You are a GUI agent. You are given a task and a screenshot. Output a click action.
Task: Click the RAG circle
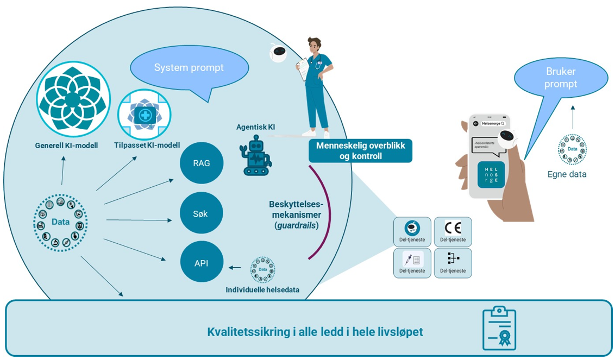(x=202, y=163)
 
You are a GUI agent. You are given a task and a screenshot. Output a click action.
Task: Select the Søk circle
(x=202, y=213)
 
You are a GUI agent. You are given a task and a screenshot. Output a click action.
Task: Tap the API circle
(x=202, y=263)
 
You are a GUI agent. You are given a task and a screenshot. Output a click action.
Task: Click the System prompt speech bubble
(x=189, y=68)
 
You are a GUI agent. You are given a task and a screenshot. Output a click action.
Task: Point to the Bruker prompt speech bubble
(x=561, y=78)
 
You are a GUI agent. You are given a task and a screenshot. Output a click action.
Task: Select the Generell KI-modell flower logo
(x=73, y=100)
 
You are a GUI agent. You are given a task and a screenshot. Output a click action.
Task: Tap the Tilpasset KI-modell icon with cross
(x=145, y=116)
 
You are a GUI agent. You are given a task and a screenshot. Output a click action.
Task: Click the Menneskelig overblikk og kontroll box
(x=360, y=150)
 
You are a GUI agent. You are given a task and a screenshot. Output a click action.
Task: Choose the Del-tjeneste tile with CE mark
(x=453, y=232)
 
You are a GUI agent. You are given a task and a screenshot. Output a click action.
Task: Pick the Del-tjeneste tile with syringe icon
(x=412, y=263)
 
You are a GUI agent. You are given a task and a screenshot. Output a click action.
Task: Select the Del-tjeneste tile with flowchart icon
(x=453, y=263)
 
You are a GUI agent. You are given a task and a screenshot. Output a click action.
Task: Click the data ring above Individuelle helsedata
(x=262, y=270)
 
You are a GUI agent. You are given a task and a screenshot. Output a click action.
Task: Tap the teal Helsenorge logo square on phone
(x=491, y=175)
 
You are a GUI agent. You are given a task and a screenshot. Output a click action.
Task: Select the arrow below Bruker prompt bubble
(x=572, y=117)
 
